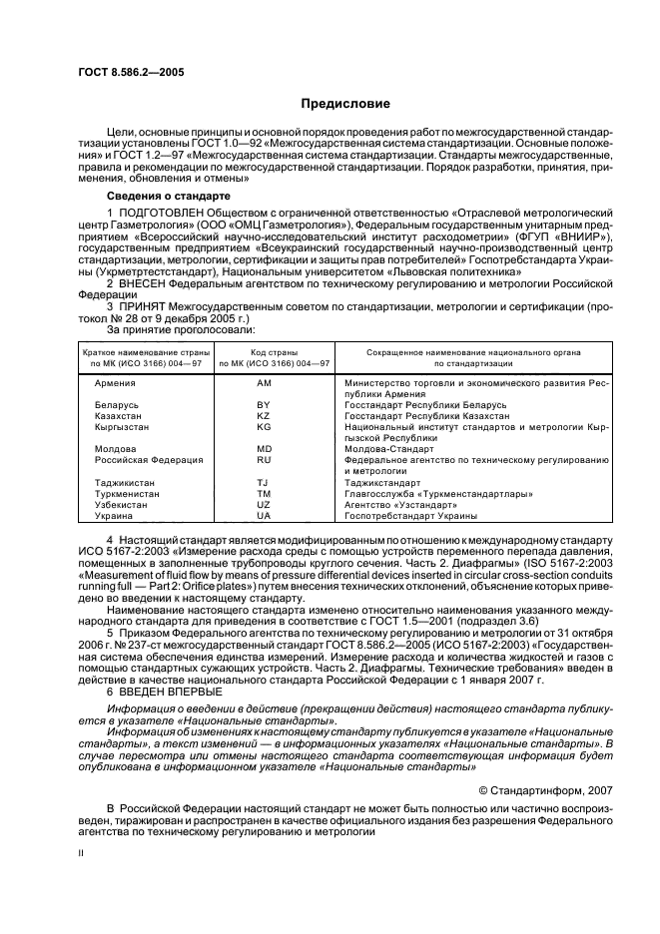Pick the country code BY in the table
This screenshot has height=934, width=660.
point(264,405)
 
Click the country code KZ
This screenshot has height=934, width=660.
point(264,416)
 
